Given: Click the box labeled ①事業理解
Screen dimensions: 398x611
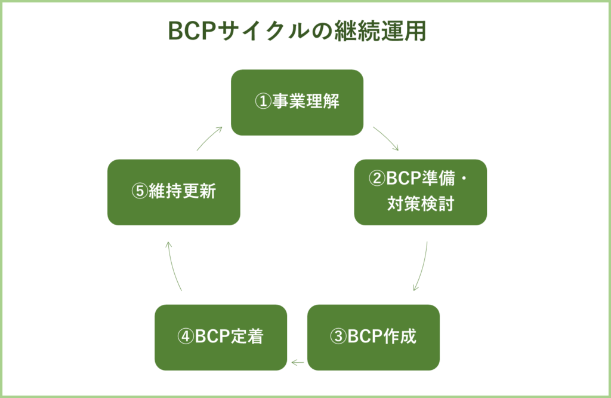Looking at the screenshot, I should pos(297,102).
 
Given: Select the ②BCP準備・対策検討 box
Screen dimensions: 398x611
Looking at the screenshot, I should pos(421,192).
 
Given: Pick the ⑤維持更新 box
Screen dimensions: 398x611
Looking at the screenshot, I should pos(174,192).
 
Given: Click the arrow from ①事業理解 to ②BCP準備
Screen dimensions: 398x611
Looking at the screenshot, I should pos(386,139).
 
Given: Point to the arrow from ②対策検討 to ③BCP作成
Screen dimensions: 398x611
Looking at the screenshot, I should pos(421,266).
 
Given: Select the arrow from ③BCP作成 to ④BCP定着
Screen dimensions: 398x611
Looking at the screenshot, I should pos(297,362).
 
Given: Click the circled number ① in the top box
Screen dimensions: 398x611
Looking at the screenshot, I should pos(263,102).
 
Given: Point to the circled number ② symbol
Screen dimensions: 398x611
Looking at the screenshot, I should pos(377,179).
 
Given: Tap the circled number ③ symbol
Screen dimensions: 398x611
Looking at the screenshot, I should pos(338,337).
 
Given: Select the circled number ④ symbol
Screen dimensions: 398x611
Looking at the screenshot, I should pos(186,337).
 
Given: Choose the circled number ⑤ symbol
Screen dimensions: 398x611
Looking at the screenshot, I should pos(138,192).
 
